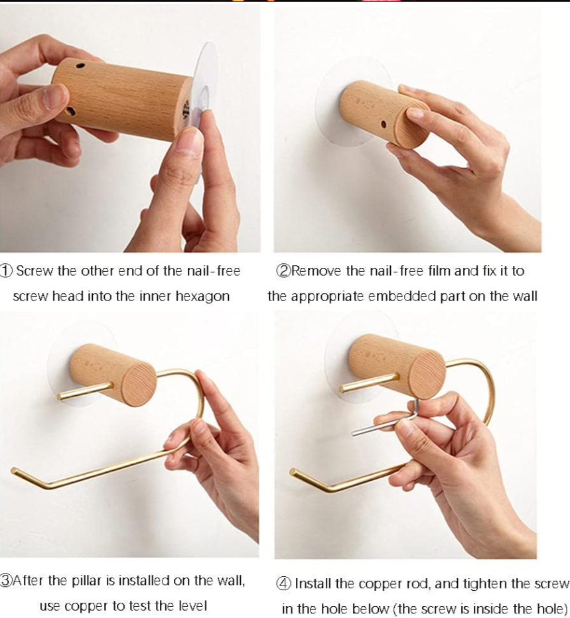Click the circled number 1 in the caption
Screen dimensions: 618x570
(6, 271)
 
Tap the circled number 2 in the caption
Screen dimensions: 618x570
(283, 271)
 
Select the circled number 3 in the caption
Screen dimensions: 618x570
(6, 581)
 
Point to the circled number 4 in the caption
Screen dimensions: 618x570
(283, 584)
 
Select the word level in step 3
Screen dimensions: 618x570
(192, 606)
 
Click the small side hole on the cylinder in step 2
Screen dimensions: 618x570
(385, 123)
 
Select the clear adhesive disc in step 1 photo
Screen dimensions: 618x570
(205, 73)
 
